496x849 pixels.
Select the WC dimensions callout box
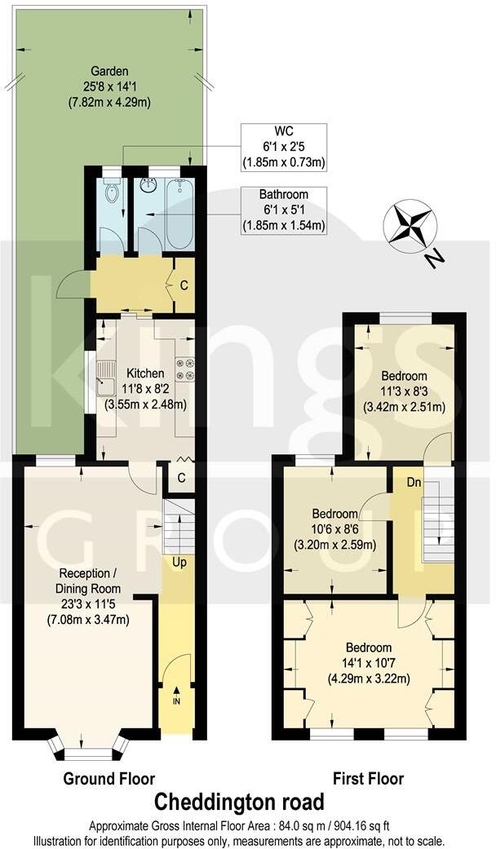tap(283, 148)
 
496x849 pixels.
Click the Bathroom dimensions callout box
tap(283, 210)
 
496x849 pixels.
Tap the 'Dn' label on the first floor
tap(414, 482)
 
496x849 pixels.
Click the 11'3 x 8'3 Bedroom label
tap(404, 391)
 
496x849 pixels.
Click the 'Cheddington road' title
tap(240, 801)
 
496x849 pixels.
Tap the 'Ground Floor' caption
tap(109, 779)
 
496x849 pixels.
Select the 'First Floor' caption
tap(368, 779)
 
